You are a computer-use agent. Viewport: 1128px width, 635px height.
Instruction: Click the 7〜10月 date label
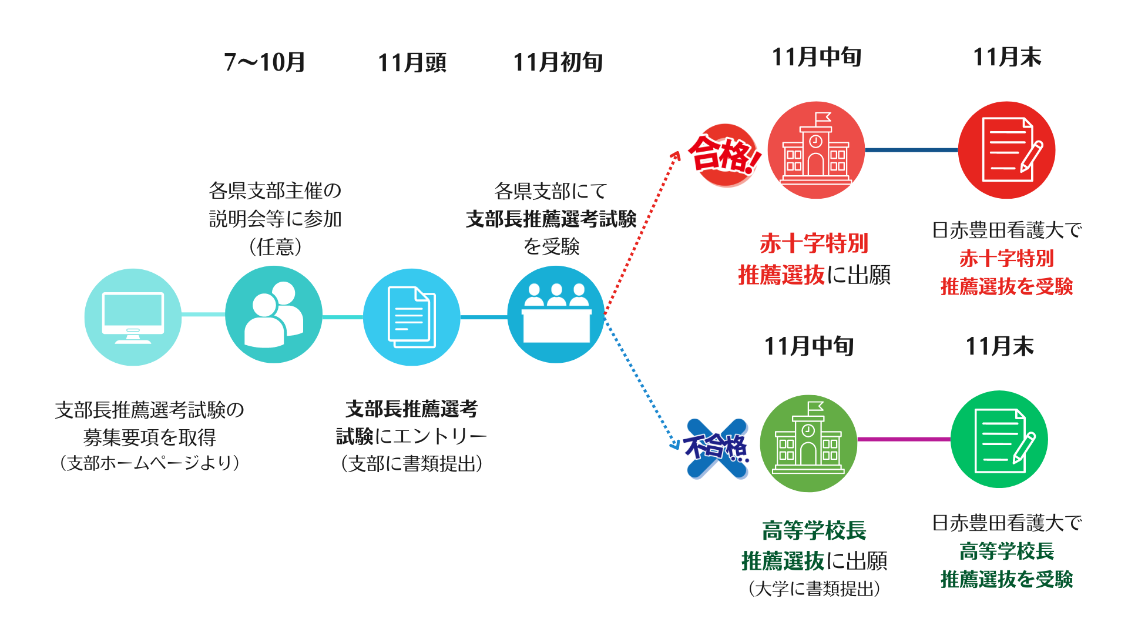click(264, 62)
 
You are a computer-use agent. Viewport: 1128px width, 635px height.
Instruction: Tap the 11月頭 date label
click(412, 62)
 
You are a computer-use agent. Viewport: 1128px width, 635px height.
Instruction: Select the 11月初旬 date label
click(558, 62)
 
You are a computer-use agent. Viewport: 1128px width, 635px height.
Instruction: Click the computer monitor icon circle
click(133, 317)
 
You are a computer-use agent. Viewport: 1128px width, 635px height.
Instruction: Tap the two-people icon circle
click(273, 315)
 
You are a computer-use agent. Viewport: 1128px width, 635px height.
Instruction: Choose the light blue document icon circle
click(411, 317)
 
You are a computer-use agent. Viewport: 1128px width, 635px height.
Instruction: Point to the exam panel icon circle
click(555, 315)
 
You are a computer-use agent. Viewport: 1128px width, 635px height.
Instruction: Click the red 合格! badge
click(725, 155)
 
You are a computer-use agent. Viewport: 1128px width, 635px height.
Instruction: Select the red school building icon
click(816, 150)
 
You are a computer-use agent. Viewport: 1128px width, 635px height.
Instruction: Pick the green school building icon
click(808, 443)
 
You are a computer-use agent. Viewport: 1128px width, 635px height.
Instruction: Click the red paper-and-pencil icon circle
click(1006, 150)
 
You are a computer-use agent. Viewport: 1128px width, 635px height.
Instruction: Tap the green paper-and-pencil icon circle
click(999, 439)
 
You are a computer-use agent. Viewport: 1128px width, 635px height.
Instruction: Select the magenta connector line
click(904, 439)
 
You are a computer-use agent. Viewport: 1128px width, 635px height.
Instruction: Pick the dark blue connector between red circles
click(911, 150)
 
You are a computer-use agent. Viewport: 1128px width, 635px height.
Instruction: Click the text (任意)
click(275, 246)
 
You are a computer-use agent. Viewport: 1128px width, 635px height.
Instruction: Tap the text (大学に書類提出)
click(814, 589)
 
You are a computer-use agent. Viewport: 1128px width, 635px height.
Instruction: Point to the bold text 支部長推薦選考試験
click(551, 219)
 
